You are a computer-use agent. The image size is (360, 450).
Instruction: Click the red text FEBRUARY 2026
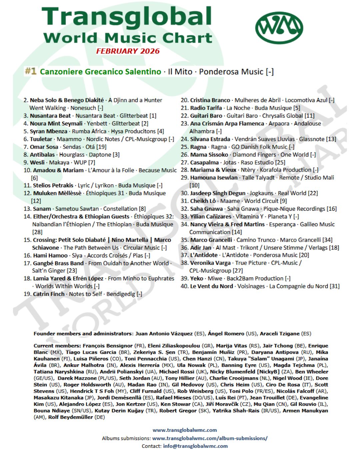pyautogui.click(x=128, y=51)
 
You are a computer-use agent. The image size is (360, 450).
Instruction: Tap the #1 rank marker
pyautogui.click(x=31, y=71)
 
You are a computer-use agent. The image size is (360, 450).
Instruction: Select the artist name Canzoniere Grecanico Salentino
pyautogui.click(x=100, y=72)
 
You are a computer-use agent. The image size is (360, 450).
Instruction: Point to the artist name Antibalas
pyautogui.click(x=42, y=155)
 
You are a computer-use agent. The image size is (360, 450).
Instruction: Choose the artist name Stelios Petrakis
pyautogui.click(x=53, y=185)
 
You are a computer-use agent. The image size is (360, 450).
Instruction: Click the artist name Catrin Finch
pyautogui.click(x=49, y=294)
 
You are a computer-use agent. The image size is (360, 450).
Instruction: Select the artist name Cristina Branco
pyautogui.click(x=210, y=100)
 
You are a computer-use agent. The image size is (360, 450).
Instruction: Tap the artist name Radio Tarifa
pyautogui.click(x=206, y=108)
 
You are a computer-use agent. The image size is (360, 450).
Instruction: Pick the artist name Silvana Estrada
pyautogui.click(x=210, y=139)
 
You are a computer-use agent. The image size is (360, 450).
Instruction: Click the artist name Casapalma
pyautogui.click(x=204, y=162)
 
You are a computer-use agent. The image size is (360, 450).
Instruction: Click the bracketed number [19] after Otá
pyautogui.click(x=101, y=147)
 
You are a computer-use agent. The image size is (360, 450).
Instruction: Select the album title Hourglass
pyautogui.click(x=72, y=155)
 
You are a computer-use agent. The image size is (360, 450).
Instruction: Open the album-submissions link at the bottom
pyautogui.click(x=210, y=438)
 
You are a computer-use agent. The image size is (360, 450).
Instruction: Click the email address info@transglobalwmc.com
pyautogui.click(x=195, y=446)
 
